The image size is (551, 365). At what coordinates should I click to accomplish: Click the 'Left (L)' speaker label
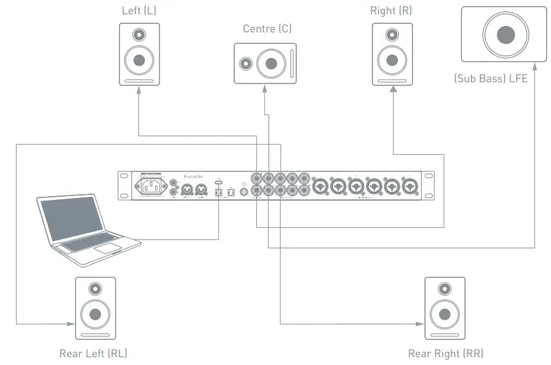[x=138, y=11]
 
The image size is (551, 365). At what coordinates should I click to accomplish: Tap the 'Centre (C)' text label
[x=268, y=28]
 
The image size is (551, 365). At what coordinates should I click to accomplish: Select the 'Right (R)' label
[x=391, y=11]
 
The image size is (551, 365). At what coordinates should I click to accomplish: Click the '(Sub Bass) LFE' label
[x=491, y=79]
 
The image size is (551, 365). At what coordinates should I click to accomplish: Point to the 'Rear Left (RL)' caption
[x=93, y=353]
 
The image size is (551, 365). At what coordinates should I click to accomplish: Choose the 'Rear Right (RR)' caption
[x=446, y=353]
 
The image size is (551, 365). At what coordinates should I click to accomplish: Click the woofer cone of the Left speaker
[x=139, y=61]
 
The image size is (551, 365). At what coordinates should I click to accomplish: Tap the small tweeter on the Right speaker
[x=392, y=35]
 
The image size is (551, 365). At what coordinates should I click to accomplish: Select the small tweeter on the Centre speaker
[x=246, y=63]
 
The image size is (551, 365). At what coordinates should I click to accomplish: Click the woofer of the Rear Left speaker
[x=96, y=315]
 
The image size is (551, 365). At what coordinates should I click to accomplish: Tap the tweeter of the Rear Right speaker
[x=445, y=289]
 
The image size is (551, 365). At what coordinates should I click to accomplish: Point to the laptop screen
[x=71, y=220]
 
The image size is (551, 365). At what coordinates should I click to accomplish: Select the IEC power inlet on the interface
[x=149, y=187]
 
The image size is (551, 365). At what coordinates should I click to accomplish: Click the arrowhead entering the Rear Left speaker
[x=70, y=323]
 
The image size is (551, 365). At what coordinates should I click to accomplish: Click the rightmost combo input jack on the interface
[x=409, y=187]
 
